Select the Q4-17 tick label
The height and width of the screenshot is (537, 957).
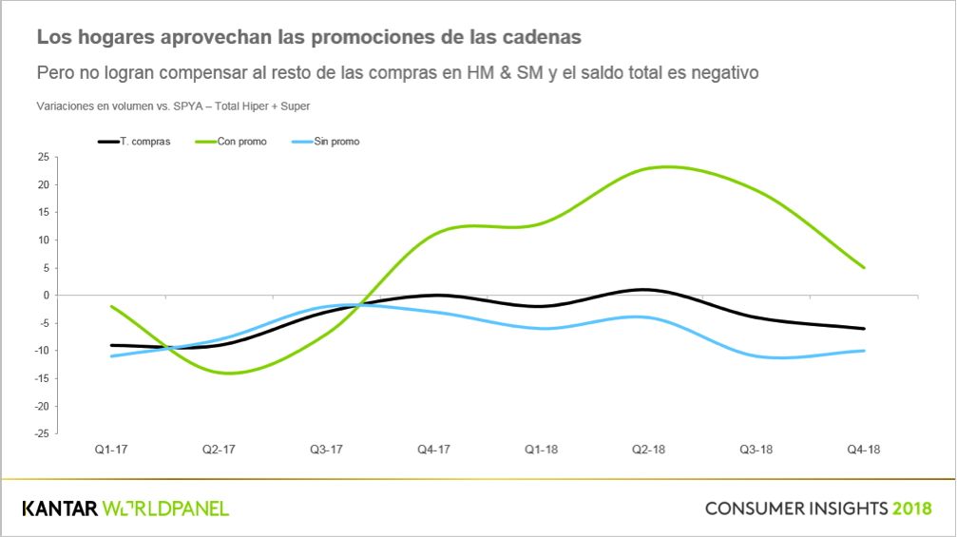coord(433,450)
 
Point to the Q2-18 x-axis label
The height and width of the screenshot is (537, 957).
coord(648,450)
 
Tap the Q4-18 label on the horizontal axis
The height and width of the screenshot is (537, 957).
coord(864,450)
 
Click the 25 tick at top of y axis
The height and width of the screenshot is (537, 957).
coord(43,158)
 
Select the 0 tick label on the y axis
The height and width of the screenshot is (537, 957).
coord(46,296)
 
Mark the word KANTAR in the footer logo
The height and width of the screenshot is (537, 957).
coord(60,508)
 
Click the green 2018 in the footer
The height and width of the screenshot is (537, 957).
coord(911,508)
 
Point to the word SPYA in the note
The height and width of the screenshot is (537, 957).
coord(187,106)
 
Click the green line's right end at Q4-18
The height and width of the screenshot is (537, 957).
coord(864,268)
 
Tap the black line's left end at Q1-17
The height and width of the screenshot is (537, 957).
coord(112,345)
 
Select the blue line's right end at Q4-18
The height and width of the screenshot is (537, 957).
coord(864,351)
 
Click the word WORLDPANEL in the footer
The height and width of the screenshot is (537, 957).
coord(165,508)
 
